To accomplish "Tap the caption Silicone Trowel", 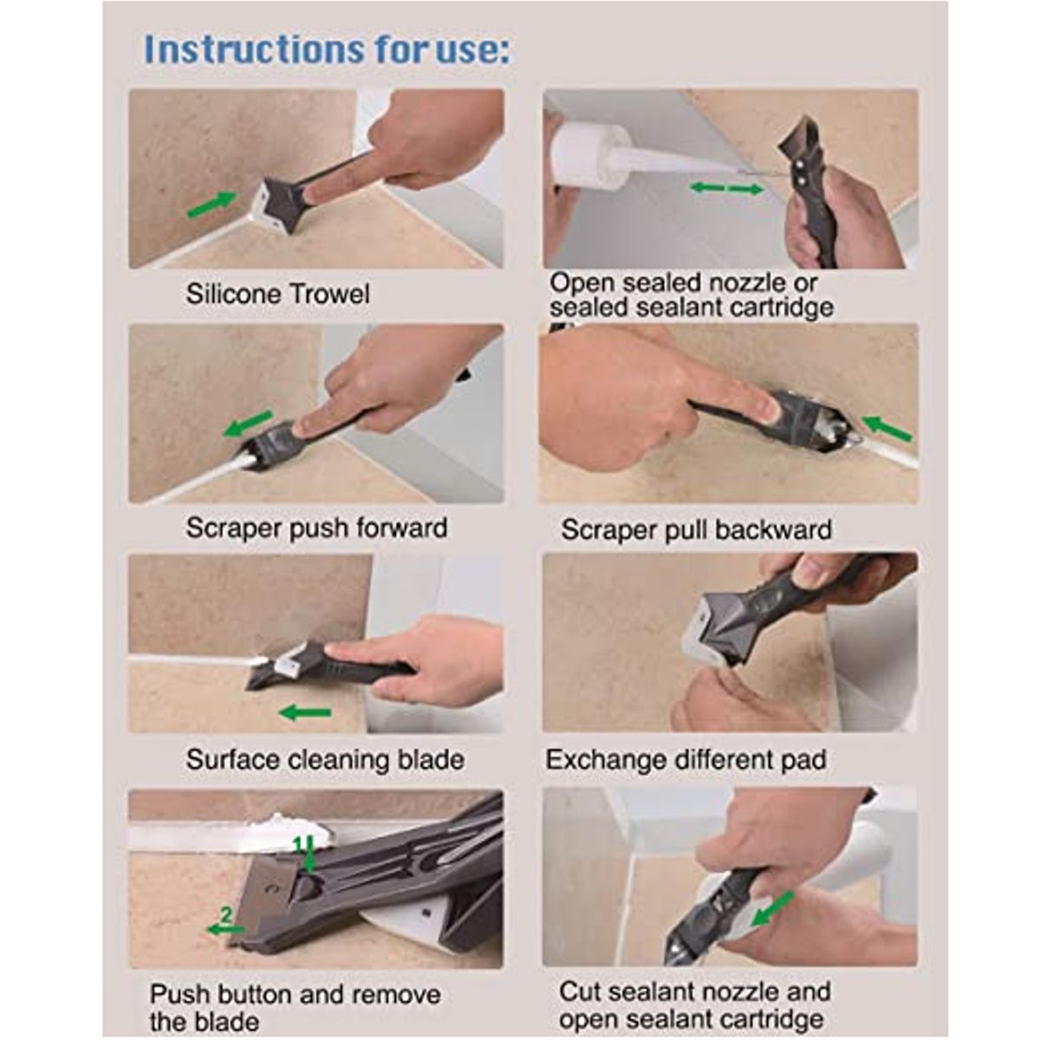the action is pos(277,294).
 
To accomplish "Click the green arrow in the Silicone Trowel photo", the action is pos(212,205).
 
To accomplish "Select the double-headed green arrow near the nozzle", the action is pos(727,188).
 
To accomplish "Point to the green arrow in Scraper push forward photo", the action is pos(248,424).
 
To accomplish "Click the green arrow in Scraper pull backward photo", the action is pos(887,428).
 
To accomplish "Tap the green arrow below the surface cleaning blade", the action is pos(305,713).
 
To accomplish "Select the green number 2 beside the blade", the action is pos(226,914).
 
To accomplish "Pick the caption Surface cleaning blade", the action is pos(325,760).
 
